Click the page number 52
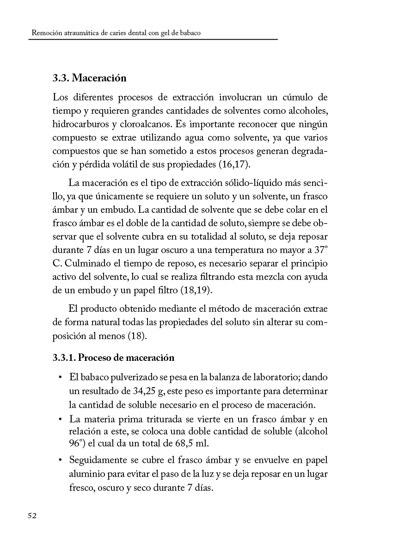click(x=31, y=516)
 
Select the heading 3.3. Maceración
click(x=89, y=78)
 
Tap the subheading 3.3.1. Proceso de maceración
click(x=113, y=358)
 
